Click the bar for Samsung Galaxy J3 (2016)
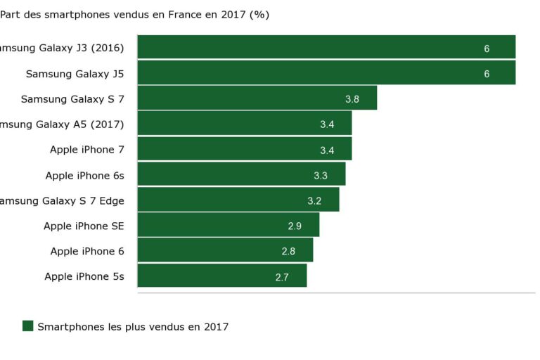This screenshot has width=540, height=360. (326, 47)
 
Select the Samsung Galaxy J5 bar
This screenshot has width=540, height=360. (326, 73)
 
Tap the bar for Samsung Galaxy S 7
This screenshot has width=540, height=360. (257, 98)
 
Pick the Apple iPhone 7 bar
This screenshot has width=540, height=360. (244, 149)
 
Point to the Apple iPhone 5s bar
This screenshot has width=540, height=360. (221, 276)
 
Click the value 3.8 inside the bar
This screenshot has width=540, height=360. (352, 99)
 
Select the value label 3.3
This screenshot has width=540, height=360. (321, 175)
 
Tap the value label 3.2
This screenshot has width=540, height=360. (314, 201)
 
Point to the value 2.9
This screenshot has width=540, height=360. (295, 226)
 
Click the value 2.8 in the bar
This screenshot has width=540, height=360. (288, 252)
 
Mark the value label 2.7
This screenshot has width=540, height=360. (282, 278)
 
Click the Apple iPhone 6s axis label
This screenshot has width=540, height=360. (84, 175)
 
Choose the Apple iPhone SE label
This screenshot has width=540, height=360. (84, 226)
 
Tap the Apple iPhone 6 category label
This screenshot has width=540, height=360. (87, 251)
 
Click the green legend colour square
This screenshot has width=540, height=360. (28, 326)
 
